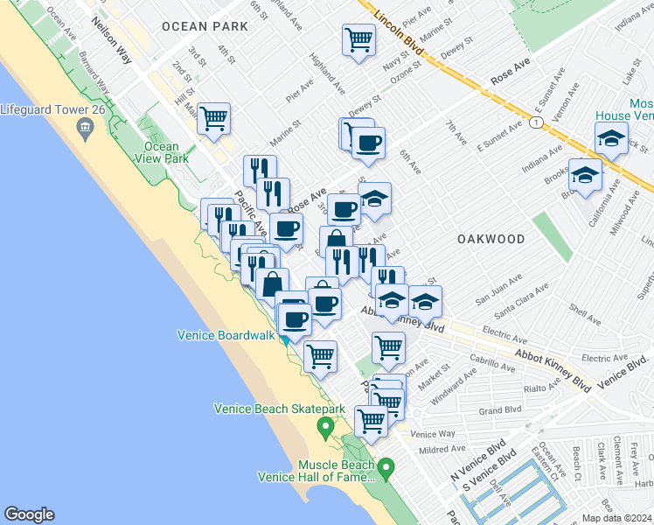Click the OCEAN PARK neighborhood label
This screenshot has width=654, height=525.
(205, 26)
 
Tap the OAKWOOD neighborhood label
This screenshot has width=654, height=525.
(491, 239)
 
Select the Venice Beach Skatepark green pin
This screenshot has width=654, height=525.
(325, 428)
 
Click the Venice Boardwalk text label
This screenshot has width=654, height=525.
(226, 334)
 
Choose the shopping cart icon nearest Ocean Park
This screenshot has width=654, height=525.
(358, 39)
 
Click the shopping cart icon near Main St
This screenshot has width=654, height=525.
(213, 118)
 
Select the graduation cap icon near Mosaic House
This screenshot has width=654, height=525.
(611, 138)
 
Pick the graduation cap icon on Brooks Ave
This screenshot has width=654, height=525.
(585, 175)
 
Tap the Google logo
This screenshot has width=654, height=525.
(29, 514)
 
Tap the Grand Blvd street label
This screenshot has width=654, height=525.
(499, 409)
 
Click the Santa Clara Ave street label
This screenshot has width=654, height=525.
(518, 300)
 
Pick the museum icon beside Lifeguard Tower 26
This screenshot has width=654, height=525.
(85, 130)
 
